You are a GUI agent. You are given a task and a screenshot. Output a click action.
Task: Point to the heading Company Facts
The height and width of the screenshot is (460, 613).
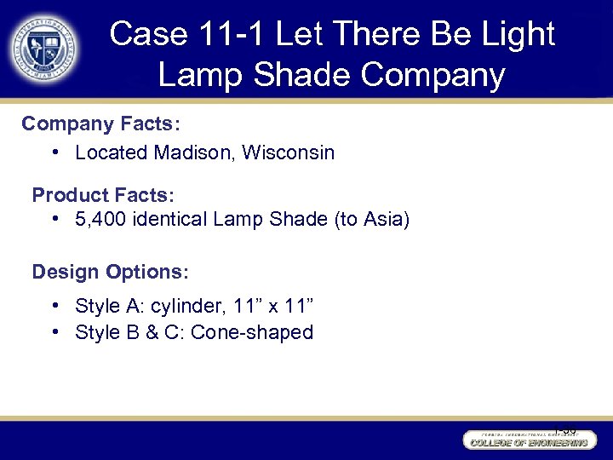pyautogui.click(x=100, y=124)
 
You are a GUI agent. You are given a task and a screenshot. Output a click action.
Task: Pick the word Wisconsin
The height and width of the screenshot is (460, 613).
pyautogui.click(x=289, y=153)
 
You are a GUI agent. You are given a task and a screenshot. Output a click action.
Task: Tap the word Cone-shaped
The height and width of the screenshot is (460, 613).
pyautogui.click(x=252, y=332)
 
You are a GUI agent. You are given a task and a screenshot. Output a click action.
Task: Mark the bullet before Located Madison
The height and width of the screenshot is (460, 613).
pyautogui.click(x=54, y=153)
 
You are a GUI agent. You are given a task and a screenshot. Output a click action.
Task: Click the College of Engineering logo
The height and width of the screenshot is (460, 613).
pyautogui.click(x=528, y=440)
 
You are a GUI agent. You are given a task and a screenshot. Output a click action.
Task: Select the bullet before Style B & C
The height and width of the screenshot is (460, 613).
pyautogui.click(x=54, y=332)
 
